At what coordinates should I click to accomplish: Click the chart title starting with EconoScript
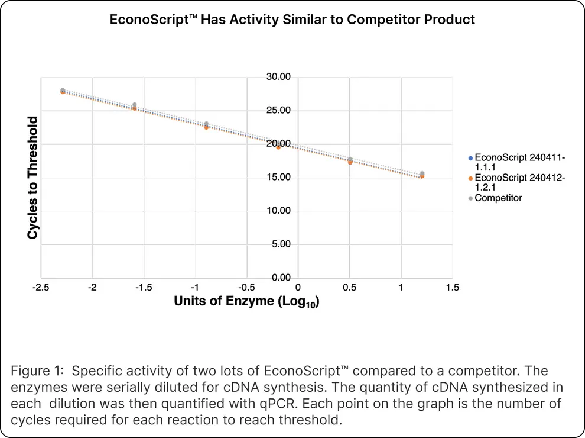click(292, 20)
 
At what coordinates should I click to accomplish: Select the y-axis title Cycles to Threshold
click(33, 178)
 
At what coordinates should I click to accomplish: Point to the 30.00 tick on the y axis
click(278, 77)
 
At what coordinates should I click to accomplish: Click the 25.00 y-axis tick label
click(278, 111)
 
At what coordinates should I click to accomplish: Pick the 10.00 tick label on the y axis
click(278, 211)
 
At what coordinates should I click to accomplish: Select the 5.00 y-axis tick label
click(279, 244)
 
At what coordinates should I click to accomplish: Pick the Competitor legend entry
click(498, 198)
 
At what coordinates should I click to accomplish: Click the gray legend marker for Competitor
click(470, 198)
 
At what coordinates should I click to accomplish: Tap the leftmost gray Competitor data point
click(63, 90)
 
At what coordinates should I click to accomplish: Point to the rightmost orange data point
click(422, 176)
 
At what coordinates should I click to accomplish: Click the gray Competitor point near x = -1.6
click(135, 105)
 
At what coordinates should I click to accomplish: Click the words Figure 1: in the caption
click(35, 371)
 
